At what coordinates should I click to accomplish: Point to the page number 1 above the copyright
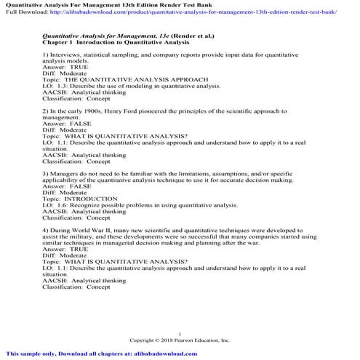(x=180, y=332)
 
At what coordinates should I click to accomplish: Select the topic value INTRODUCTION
(x=90, y=199)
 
